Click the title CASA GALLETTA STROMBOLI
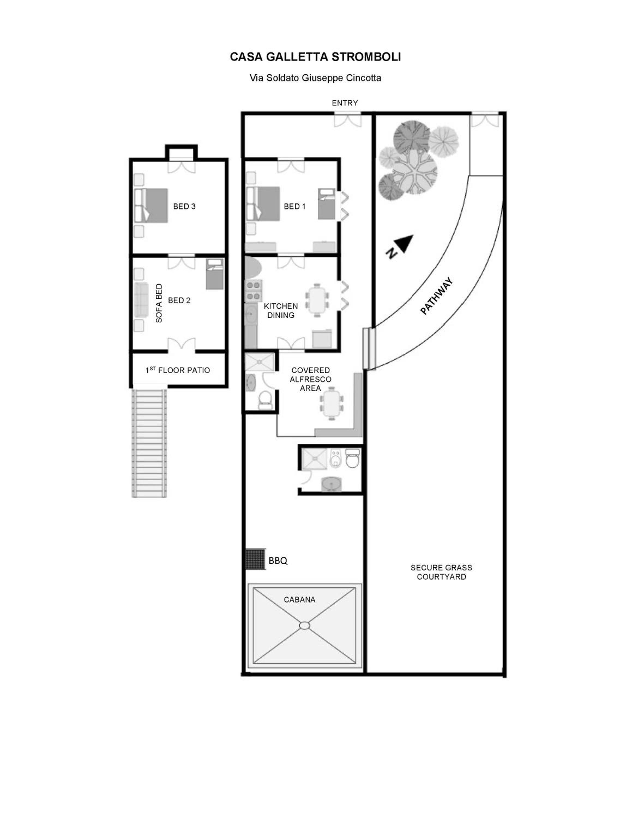[315, 57]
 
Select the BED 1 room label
[295, 206]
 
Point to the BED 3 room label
[184, 206]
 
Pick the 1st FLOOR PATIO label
[178, 370]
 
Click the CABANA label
[300, 600]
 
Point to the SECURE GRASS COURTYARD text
[441, 572]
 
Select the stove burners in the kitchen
[254, 291]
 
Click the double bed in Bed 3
[151, 205]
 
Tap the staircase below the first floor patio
[149, 443]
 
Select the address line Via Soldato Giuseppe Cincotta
[315, 78]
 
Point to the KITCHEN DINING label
[281, 311]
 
